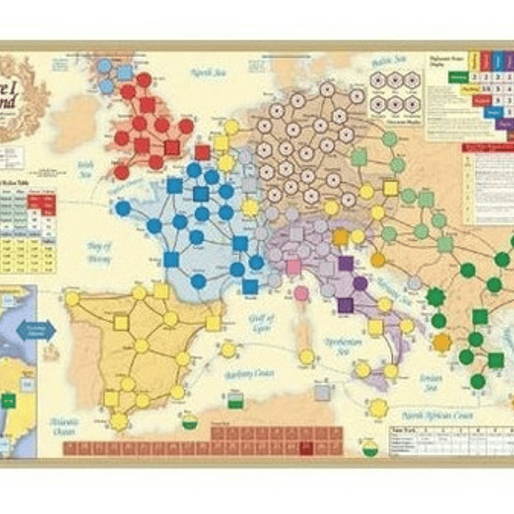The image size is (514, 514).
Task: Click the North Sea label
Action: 207,71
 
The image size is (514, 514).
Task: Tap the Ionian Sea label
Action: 430,383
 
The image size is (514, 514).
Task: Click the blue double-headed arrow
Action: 36,330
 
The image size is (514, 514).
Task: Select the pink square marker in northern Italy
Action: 294,267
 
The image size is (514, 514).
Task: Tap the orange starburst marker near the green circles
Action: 442,342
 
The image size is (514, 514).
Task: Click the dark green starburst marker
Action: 435,295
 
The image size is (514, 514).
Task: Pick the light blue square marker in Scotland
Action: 124,71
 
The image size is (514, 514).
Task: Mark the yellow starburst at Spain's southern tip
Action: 119,422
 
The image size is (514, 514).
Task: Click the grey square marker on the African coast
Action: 323,392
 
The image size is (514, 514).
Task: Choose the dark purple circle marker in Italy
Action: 360,283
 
